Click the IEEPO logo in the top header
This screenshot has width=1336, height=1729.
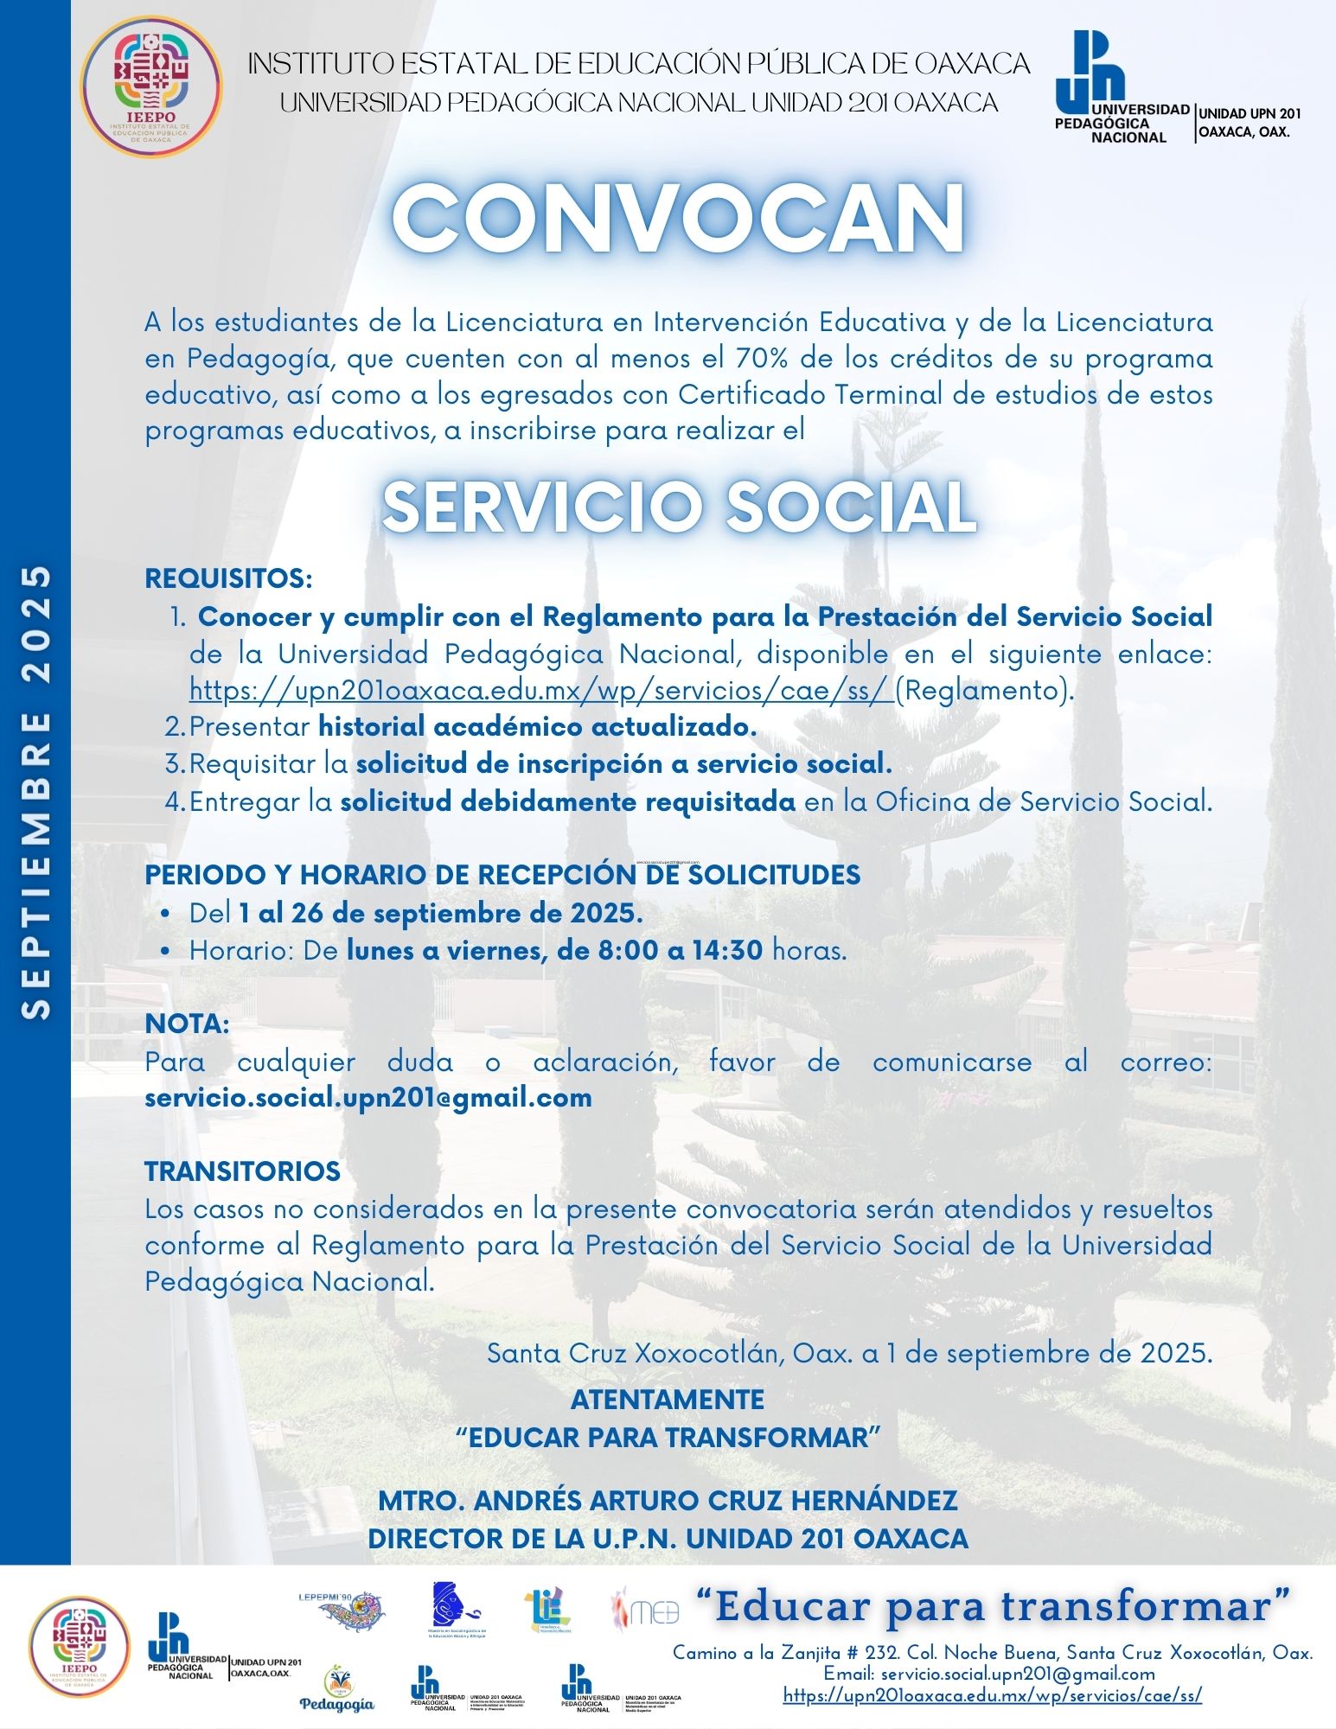coord(150,86)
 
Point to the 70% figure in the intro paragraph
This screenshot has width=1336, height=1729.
coord(757,358)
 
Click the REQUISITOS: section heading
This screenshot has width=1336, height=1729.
coord(228,578)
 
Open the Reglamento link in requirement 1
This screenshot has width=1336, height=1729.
coord(541,691)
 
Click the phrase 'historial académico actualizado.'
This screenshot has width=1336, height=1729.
coord(537,727)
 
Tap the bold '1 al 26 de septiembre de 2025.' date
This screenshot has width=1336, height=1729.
coord(440,913)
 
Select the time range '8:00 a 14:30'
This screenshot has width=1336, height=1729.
coord(680,950)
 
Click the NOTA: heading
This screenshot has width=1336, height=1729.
coord(187,1024)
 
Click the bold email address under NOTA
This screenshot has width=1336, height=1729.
coord(368,1098)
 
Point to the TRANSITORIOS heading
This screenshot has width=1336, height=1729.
coord(243,1171)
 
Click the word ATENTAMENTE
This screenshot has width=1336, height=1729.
coord(667,1400)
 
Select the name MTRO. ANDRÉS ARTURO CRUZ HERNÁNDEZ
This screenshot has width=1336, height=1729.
coord(668,1501)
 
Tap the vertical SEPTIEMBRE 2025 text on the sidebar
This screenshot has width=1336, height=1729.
coord(35,792)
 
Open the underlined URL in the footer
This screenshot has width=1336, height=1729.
coord(992,1696)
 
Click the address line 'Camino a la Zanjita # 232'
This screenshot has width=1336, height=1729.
coord(993,1652)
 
